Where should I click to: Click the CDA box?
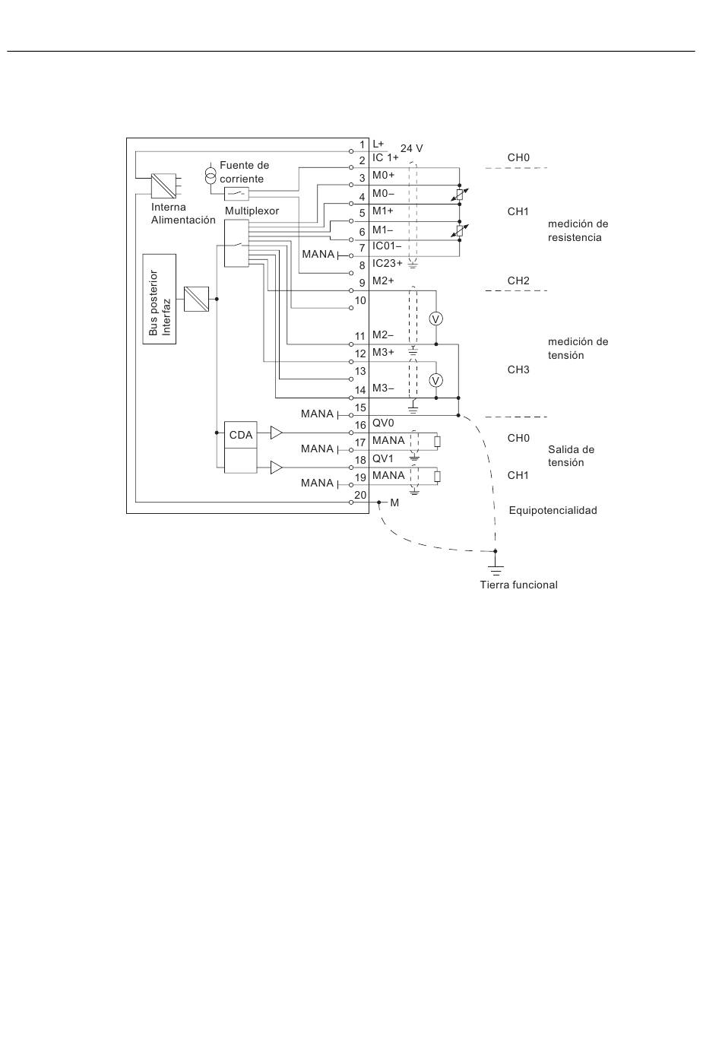[x=241, y=435]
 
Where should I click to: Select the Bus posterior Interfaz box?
[x=160, y=300]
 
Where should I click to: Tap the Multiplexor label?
[x=252, y=211]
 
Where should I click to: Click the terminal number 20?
[x=360, y=495]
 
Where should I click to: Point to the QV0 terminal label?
[x=383, y=423]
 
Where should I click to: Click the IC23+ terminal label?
[x=388, y=263]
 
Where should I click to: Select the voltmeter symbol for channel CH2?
[x=436, y=319]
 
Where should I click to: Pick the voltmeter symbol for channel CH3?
[x=436, y=380]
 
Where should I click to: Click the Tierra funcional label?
[x=518, y=585]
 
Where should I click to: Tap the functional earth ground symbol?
[x=496, y=567]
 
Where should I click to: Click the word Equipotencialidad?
[x=553, y=511]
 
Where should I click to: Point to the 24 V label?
[x=411, y=148]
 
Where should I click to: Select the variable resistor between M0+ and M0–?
[x=459, y=195]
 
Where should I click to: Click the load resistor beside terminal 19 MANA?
[x=437, y=477]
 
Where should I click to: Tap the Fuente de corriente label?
[x=244, y=172]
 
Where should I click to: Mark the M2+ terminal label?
[x=383, y=281]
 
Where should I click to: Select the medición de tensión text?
[x=578, y=348]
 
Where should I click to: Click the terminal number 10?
[x=360, y=300]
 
